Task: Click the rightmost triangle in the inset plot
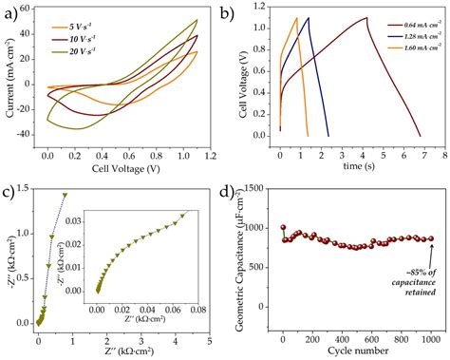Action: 182,216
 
